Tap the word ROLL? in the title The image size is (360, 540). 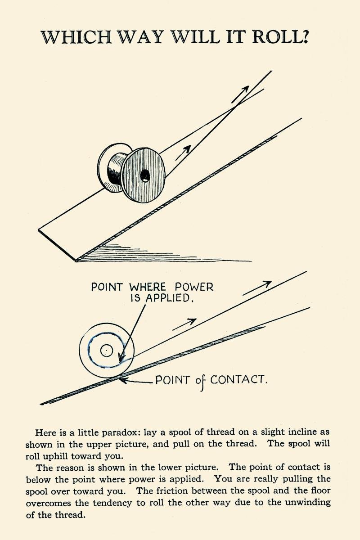[280, 37]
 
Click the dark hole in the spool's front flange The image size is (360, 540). [145, 176]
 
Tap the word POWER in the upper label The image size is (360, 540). [194, 287]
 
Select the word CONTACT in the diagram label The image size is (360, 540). [238, 380]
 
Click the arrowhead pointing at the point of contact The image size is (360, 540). [123, 380]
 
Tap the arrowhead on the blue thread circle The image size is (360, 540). [121, 359]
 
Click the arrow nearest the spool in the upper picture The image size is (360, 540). [183, 153]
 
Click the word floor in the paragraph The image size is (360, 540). [318, 491]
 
